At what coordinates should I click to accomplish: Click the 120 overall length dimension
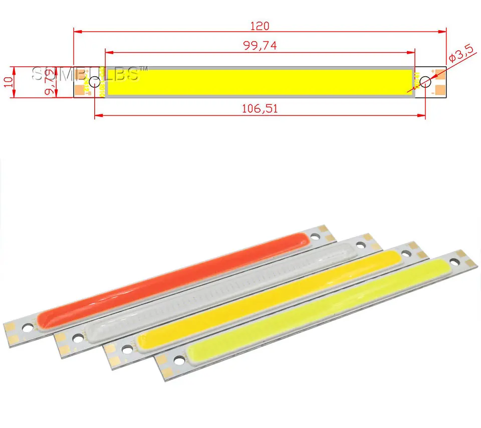coord(260,26)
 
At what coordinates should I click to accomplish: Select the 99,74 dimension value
coord(260,46)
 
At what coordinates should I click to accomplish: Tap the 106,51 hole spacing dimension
coord(260,108)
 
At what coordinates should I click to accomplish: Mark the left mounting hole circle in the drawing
coord(94,82)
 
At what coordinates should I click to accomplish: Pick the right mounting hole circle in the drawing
coord(425,82)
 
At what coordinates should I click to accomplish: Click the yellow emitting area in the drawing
coord(260,82)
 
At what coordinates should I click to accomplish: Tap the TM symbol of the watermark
coord(144,69)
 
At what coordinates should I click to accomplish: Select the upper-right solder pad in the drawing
coord(440,73)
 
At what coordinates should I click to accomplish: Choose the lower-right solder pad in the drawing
coord(440,90)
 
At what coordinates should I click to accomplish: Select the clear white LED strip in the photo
coord(220,291)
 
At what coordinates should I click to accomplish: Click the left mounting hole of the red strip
coord(28,327)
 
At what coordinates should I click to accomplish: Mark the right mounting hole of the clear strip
coord(359,245)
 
